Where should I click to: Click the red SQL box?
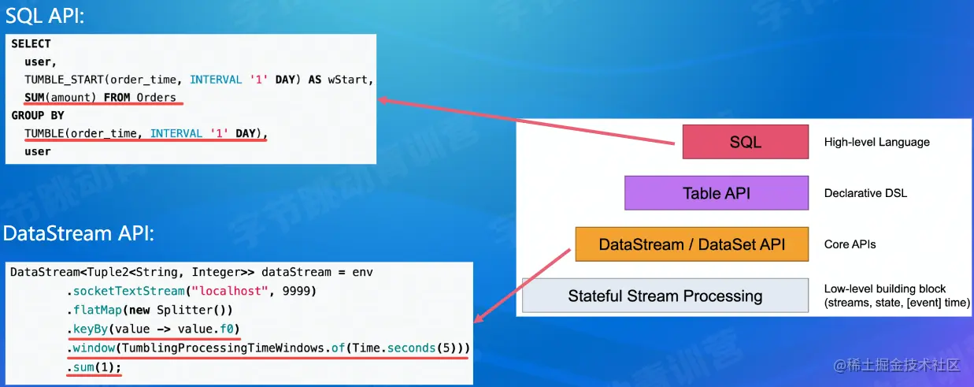745,142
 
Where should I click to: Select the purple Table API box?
717,193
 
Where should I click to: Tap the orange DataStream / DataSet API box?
692,244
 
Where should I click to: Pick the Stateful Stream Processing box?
665,296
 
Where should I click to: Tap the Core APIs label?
850,244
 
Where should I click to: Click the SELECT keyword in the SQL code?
31,44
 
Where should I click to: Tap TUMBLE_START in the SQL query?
64,80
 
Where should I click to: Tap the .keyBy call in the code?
87,329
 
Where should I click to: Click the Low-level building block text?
885,288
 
